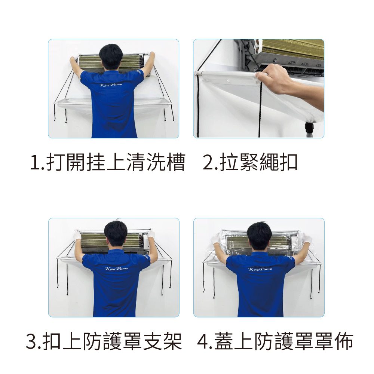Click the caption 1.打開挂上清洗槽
[x=108, y=162]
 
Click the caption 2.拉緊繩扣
[x=250, y=162]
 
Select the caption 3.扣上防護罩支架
[x=104, y=341]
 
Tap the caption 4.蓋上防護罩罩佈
[x=275, y=341]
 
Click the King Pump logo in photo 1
[x=111, y=85]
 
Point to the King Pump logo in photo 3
[x=116, y=269]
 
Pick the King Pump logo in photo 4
[x=260, y=269]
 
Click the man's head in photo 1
[x=111, y=57]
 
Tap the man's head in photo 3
[x=116, y=234]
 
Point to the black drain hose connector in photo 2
[x=309, y=128]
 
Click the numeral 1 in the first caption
[x=35, y=163]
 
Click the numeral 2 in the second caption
[x=209, y=163]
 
